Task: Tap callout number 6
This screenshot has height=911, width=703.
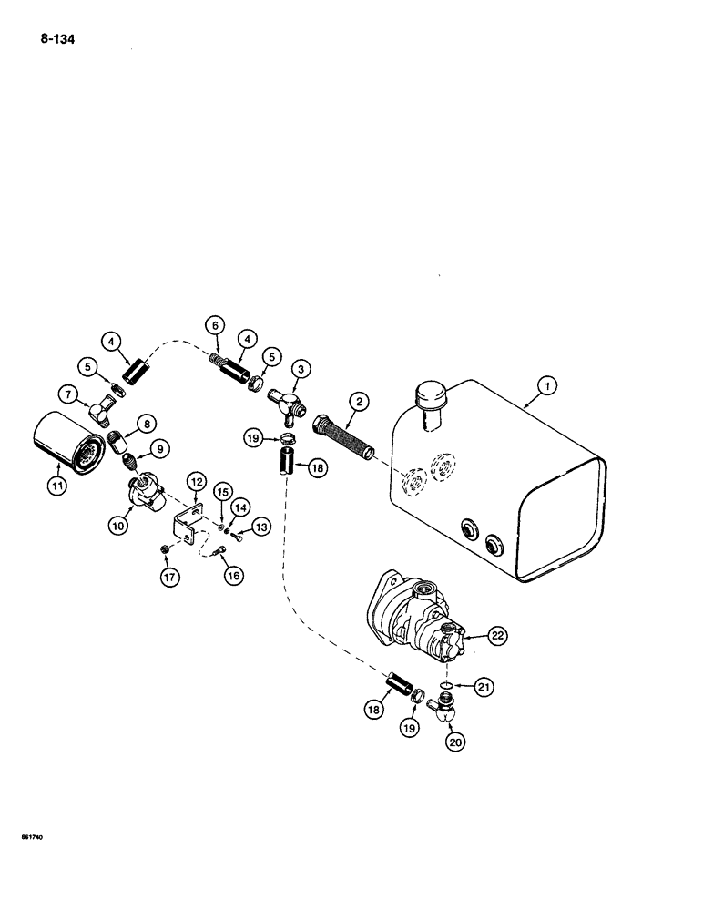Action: point(215,325)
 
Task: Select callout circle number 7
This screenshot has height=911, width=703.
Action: point(69,395)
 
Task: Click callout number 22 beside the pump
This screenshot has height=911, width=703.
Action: point(495,637)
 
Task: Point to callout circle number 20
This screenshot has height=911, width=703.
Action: point(454,742)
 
